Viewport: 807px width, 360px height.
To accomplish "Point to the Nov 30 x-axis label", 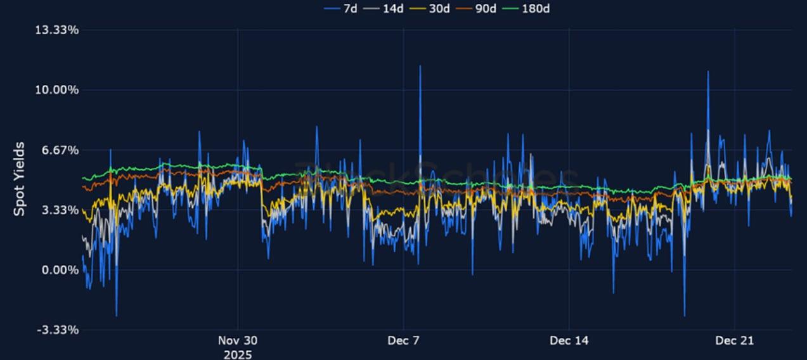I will (x=238, y=341).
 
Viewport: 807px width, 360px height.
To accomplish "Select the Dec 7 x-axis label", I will (x=404, y=341).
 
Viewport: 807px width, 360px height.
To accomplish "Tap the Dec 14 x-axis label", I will (x=569, y=341).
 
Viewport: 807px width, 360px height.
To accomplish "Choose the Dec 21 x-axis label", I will (x=734, y=341).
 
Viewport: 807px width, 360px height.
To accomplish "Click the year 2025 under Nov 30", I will (x=238, y=354).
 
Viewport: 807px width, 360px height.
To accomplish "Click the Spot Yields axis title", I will (x=20, y=179).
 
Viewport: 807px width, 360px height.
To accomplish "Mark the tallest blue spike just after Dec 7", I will (x=420, y=66).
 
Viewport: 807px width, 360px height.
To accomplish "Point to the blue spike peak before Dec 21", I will (x=708, y=72).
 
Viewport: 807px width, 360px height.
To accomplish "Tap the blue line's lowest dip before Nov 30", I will (x=116, y=315).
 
